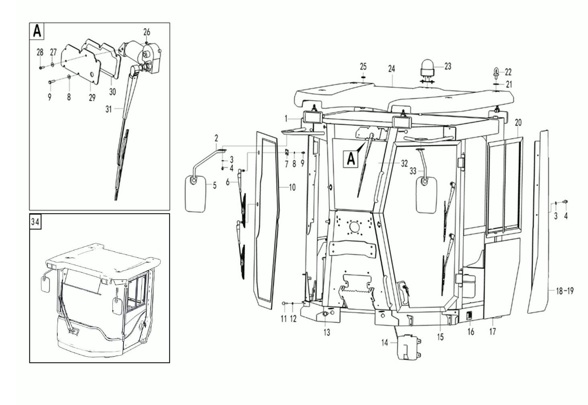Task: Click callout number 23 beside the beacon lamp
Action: [447, 66]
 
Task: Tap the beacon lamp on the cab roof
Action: [427, 69]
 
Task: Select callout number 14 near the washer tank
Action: [384, 342]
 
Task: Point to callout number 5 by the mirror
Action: [214, 186]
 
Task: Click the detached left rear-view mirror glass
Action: [196, 194]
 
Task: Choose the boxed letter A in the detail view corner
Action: [37, 31]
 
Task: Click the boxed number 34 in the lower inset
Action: [35, 222]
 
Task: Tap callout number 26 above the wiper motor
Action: [147, 32]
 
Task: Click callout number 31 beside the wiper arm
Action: [109, 109]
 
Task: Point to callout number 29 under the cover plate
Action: [92, 98]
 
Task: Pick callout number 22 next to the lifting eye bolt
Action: [508, 72]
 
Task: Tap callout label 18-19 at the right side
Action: [565, 291]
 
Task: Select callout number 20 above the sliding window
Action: [518, 123]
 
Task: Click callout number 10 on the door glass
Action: [292, 187]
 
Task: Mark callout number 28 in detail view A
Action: [40, 53]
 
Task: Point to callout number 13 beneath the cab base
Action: [327, 333]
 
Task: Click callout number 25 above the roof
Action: [363, 67]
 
